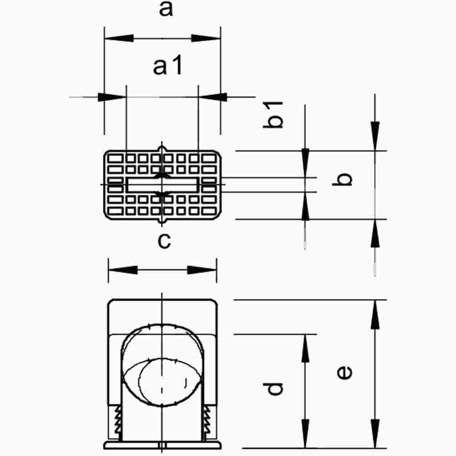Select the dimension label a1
tap(168, 67)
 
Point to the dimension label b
tap(345, 179)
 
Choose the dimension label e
tap(345, 372)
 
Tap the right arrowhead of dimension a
tap(206, 39)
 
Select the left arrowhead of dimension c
tap(123, 270)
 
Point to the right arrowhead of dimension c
tap(202, 270)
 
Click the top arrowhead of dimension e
tap(375, 315)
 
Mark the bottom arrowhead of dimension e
tap(375, 433)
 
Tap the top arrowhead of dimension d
tap(305, 349)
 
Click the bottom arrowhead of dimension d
tap(305, 433)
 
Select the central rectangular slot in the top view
tap(162, 185)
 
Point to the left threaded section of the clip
tap(117, 422)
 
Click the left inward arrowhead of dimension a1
tap(112, 97)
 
